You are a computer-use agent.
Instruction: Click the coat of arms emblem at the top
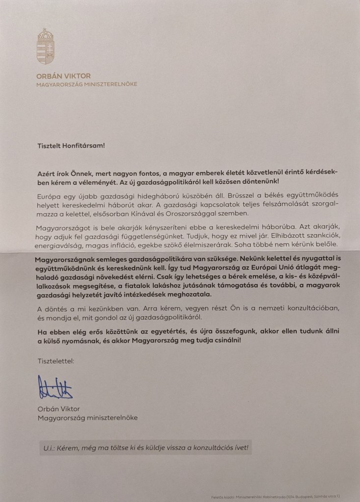click(x=45, y=47)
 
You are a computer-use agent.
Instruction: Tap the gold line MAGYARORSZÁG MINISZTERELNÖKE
click(x=87, y=84)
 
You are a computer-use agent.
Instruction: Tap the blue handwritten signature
click(x=55, y=387)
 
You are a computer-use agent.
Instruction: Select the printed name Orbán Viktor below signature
click(x=58, y=408)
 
